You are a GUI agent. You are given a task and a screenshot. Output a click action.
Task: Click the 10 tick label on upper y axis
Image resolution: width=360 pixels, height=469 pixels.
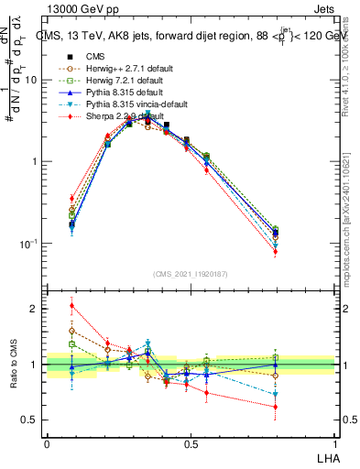31,80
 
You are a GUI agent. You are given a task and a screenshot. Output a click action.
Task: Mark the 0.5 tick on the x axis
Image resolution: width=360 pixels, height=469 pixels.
191,442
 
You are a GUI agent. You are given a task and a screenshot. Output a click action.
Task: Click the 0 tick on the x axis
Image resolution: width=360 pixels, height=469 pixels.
47,442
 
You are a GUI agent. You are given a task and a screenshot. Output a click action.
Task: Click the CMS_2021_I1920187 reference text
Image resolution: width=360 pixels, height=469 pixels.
191,272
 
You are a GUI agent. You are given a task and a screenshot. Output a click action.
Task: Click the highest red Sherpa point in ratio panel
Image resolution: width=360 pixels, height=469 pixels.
72,306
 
